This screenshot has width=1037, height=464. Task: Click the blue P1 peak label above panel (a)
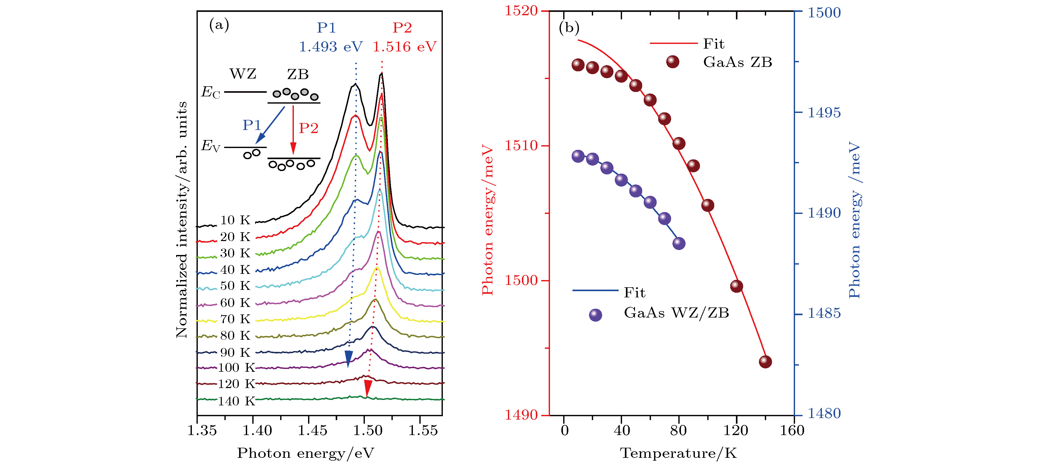(326, 28)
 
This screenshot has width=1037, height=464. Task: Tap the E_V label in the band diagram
(210, 146)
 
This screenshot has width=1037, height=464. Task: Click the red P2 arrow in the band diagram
(293, 129)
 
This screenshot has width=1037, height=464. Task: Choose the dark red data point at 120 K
(736, 286)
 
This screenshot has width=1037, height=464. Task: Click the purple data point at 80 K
(679, 243)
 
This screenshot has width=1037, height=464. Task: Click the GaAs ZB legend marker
(673, 62)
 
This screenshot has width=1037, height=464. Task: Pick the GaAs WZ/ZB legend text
(676, 313)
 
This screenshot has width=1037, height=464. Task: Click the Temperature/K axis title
(678, 453)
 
